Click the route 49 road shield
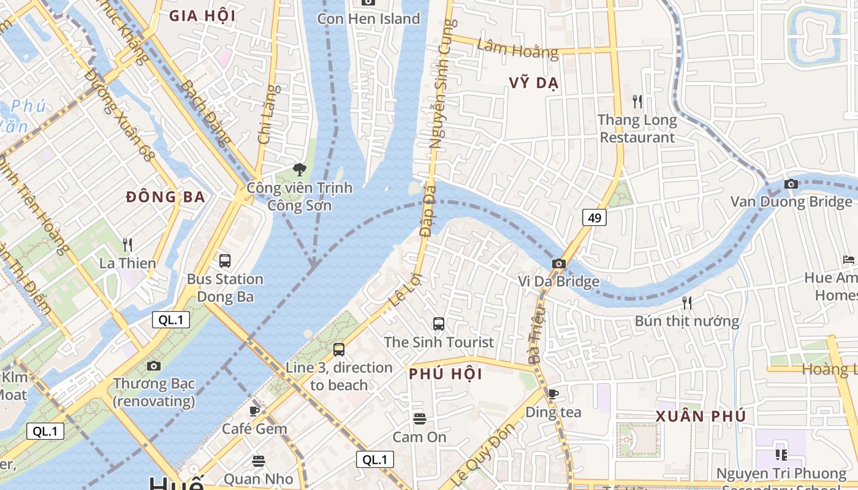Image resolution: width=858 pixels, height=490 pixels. tap(594, 217)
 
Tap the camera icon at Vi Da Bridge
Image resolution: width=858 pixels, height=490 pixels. tap(558, 263)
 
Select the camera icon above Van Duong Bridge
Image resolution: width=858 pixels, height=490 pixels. tap(791, 184)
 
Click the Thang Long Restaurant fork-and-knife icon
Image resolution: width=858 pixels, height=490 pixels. tap(637, 101)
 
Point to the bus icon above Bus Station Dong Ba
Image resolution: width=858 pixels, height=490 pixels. tap(225, 260)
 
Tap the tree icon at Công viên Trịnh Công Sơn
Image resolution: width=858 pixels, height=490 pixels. tap(299, 169)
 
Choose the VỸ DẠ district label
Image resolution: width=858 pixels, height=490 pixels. tap(533, 83)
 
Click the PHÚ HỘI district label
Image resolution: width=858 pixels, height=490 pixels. tap(446, 374)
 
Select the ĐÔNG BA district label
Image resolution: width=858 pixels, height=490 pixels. tap(165, 197)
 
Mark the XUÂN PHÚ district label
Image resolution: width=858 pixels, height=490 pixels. tap(700, 417)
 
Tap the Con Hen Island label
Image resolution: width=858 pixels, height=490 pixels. tap(368, 19)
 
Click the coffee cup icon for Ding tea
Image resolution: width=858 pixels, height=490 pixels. tap(553, 394)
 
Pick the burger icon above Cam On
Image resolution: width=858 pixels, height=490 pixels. tap(419, 419)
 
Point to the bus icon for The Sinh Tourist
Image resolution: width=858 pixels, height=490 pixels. tap(438, 324)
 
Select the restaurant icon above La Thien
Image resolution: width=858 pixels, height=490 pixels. tap(127, 245)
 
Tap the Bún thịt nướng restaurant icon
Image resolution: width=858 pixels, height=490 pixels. tap(686, 303)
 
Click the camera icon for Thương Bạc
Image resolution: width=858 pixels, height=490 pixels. tap(154, 366)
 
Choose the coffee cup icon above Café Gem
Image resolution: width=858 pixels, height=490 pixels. tap(254, 410)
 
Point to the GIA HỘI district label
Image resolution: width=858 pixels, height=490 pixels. tap(202, 16)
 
